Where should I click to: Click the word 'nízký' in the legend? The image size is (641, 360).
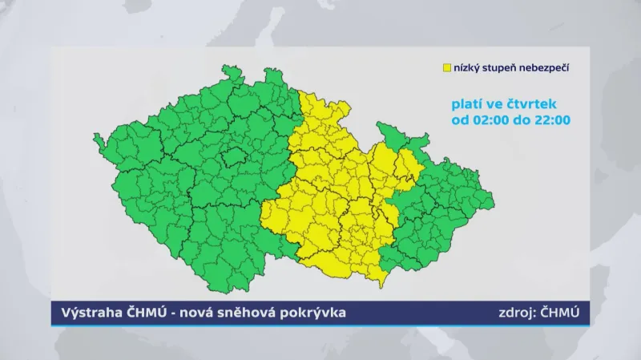466,69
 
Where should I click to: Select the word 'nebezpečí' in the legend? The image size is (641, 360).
546,69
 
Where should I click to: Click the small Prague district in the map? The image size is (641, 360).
235,156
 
